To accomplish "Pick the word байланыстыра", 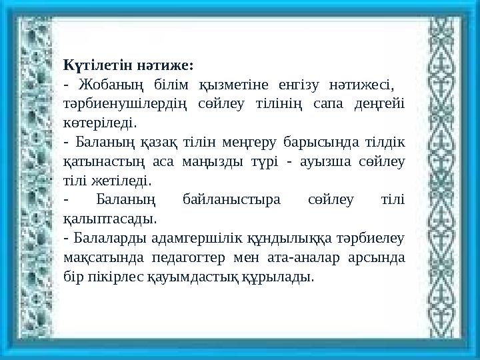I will (231, 199).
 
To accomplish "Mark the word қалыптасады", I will (109, 218).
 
